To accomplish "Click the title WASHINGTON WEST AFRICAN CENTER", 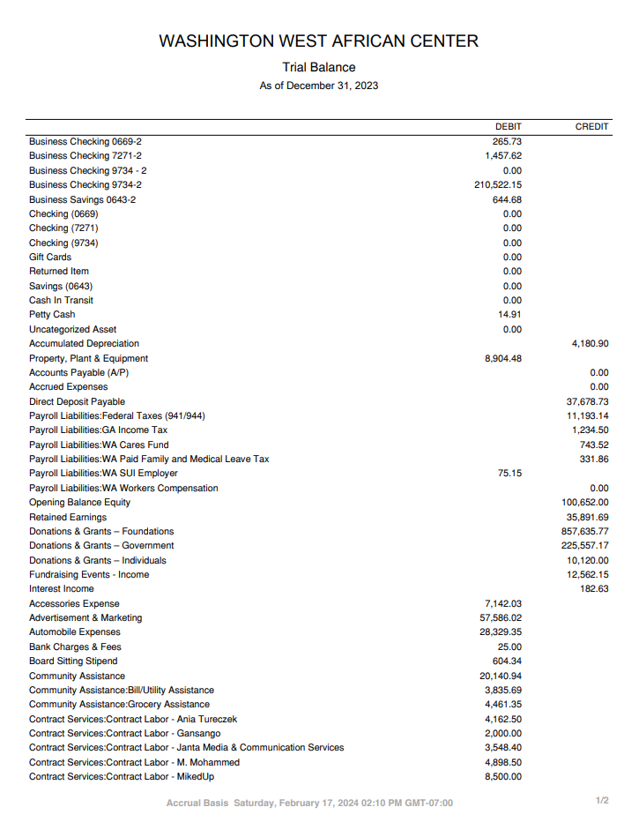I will (x=319, y=41).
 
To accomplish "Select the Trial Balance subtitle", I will (x=319, y=67).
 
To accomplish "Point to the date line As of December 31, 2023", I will (x=319, y=86).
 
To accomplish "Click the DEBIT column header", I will (x=508, y=127).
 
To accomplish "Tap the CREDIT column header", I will (x=591, y=127).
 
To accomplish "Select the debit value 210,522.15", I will (x=498, y=185).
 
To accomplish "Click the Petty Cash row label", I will (x=52, y=315).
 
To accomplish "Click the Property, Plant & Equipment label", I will (x=88, y=359).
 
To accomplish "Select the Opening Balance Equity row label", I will (x=79, y=503).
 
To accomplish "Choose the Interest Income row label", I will (x=61, y=589).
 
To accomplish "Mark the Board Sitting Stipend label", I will (x=73, y=661).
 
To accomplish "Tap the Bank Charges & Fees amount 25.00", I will (x=509, y=647).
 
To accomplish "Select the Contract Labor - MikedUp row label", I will (x=122, y=777).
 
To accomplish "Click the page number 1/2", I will (x=602, y=801).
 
